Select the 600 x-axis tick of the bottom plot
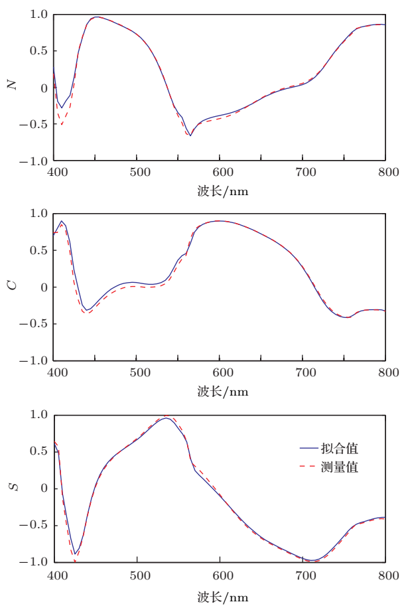pyautogui.click(x=220, y=575)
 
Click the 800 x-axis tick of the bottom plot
pyautogui.click(x=385, y=575)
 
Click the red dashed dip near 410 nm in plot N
pyautogui.click(x=62, y=124)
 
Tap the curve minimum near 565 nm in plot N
pyautogui.click(x=190, y=135)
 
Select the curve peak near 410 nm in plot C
pyautogui.click(x=62, y=222)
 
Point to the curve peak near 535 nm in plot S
pyautogui.click(x=166, y=417)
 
